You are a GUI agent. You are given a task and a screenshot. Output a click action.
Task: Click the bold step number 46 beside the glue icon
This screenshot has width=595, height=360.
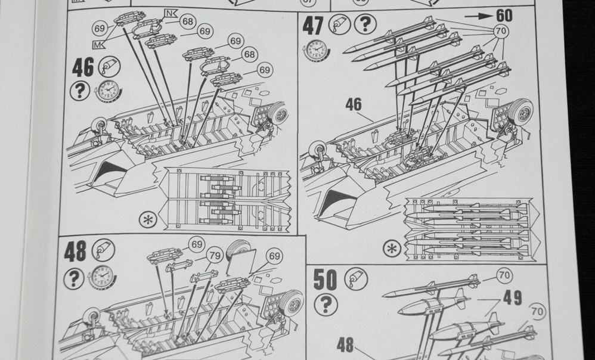(x=83, y=67)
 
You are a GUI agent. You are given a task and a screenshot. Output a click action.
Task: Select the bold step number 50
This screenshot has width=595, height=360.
(x=325, y=280)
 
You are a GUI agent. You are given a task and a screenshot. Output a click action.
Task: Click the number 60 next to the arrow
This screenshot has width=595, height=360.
(x=503, y=15)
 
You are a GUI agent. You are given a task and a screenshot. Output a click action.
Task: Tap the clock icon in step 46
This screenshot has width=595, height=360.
(x=108, y=91)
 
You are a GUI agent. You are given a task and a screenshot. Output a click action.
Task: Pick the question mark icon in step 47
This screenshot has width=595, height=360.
(x=365, y=24)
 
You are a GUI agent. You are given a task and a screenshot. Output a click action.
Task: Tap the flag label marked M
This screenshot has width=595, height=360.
(x=98, y=44)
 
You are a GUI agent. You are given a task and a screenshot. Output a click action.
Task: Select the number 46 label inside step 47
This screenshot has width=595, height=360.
(x=353, y=104)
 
